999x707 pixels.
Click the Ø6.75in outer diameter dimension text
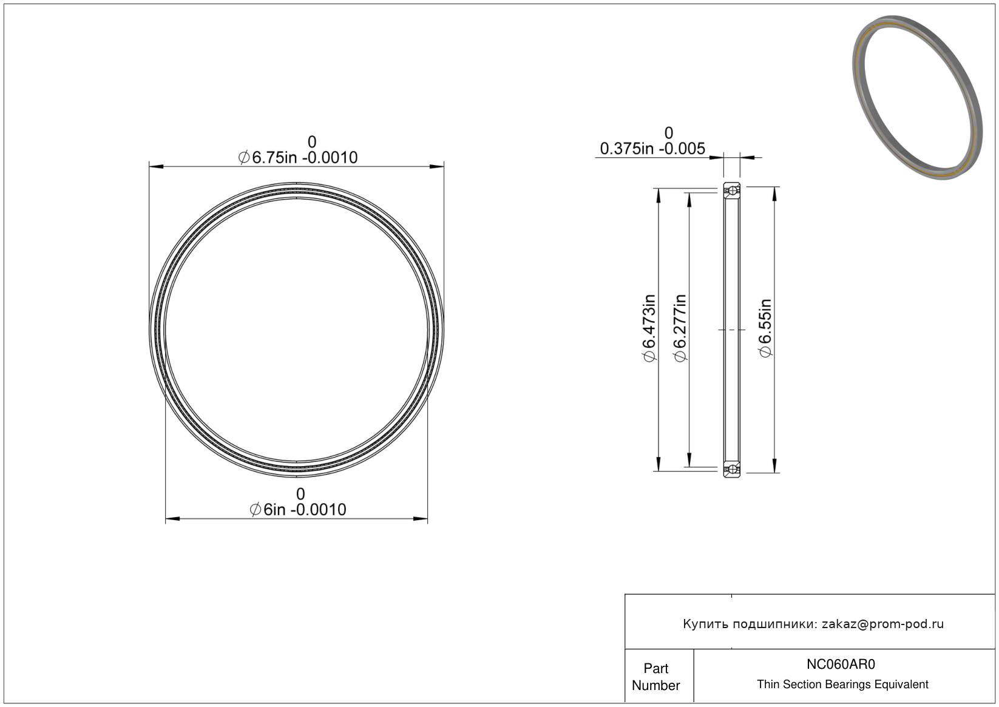point(298,157)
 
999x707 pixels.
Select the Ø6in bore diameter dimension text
point(298,509)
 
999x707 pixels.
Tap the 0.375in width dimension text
point(652,149)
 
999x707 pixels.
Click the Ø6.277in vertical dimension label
point(680,328)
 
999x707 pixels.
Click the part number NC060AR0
point(841,664)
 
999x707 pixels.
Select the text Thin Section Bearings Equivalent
point(842,685)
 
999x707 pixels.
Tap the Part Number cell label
point(655,677)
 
